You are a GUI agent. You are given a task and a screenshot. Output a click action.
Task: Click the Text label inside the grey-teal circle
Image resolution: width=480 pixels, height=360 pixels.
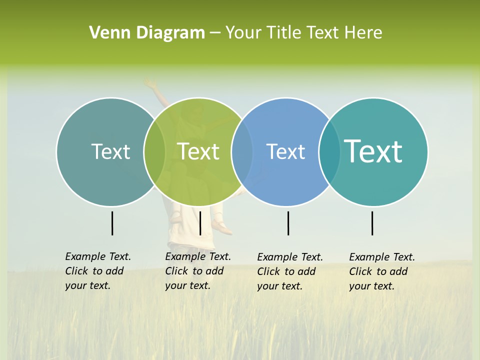coord(110,151)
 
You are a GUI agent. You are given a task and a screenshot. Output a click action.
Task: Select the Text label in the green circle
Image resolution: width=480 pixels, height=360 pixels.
coord(198,151)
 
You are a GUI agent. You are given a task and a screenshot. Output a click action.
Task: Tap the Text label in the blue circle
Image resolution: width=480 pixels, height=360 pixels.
coord(285,151)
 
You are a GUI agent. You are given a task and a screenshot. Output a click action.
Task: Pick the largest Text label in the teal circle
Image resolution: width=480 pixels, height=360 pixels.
coord(373,151)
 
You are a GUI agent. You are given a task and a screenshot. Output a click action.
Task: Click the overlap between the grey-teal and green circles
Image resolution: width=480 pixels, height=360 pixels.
coord(154,152)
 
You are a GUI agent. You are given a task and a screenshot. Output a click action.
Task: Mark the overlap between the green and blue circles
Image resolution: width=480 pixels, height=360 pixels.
coord(242,152)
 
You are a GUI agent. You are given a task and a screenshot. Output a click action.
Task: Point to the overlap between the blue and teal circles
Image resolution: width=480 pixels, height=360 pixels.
coord(329,152)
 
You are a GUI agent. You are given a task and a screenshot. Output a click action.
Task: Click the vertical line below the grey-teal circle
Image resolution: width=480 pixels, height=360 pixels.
coord(112,223)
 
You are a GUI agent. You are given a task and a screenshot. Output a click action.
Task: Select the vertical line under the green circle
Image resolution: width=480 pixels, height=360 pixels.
coord(200,223)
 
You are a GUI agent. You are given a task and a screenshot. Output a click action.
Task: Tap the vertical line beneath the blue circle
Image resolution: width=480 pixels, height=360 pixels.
coord(288,223)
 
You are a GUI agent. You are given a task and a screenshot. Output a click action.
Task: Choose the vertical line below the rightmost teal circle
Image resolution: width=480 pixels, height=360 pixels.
coord(372,223)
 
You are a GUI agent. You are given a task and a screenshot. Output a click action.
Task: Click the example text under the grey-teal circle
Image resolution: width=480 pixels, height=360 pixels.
coord(97,271)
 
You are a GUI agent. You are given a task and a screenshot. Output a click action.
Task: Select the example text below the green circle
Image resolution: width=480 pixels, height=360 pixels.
coord(197,271)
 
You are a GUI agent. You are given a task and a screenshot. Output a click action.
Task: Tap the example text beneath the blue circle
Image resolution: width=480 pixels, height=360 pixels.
coord(289,271)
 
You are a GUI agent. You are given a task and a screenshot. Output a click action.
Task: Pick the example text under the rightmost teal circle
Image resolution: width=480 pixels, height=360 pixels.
coord(381,271)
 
